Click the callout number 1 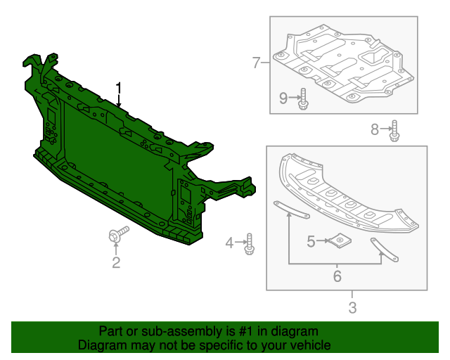click(119, 89)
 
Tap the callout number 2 click(116, 263)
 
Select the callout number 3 click(352, 307)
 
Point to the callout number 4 click(229, 243)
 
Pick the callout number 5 click(311, 241)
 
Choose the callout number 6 click(337, 276)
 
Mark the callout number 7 click(257, 63)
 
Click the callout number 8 click(375, 128)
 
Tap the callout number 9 click(283, 98)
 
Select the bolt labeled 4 click(249, 244)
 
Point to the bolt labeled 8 click(394, 130)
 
